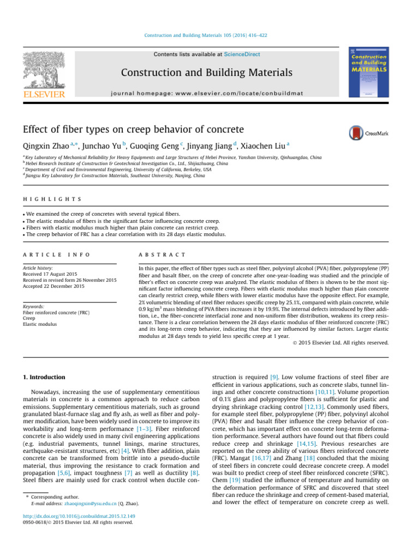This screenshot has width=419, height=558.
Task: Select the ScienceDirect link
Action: coord(242,54)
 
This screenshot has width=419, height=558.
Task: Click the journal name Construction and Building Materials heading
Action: coord(206,72)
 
